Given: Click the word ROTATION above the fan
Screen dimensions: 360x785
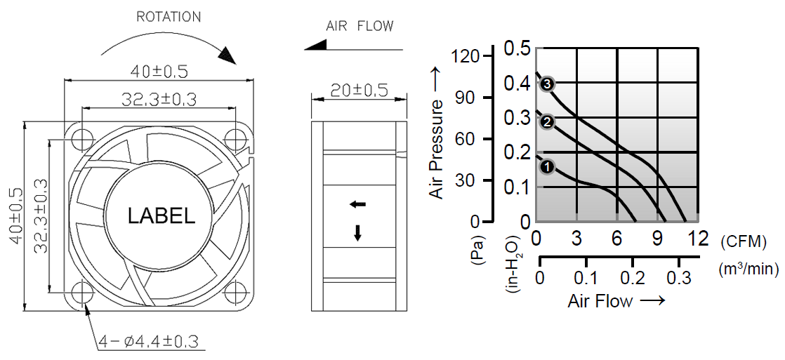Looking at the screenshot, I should click(x=169, y=17).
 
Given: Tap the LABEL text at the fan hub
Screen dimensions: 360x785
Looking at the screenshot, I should click(x=161, y=216).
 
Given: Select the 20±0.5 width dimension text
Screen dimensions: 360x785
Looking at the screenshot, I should click(x=359, y=91).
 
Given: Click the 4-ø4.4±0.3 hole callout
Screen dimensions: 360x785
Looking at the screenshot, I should click(x=149, y=342).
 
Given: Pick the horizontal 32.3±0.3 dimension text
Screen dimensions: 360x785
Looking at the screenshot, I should click(x=159, y=100).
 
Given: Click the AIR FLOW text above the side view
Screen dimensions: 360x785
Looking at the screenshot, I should click(x=359, y=27).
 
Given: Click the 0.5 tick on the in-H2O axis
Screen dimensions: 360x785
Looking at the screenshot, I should click(x=517, y=49).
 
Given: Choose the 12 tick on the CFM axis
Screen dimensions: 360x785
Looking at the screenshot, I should click(x=699, y=239).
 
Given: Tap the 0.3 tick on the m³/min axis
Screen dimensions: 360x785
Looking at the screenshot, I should click(x=679, y=278).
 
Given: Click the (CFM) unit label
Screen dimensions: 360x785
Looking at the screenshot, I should click(x=742, y=241).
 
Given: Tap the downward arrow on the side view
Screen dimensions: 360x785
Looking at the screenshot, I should click(x=358, y=233).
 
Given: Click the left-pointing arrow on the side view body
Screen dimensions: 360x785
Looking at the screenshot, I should click(x=358, y=204).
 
